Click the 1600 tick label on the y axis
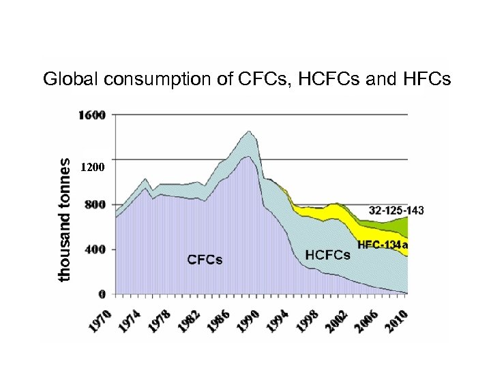click(x=93, y=114)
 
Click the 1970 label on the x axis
click(x=100, y=322)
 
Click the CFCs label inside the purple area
click(x=205, y=260)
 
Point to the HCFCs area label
click(x=327, y=255)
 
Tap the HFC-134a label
click(x=383, y=244)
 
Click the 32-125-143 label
click(x=396, y=211)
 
